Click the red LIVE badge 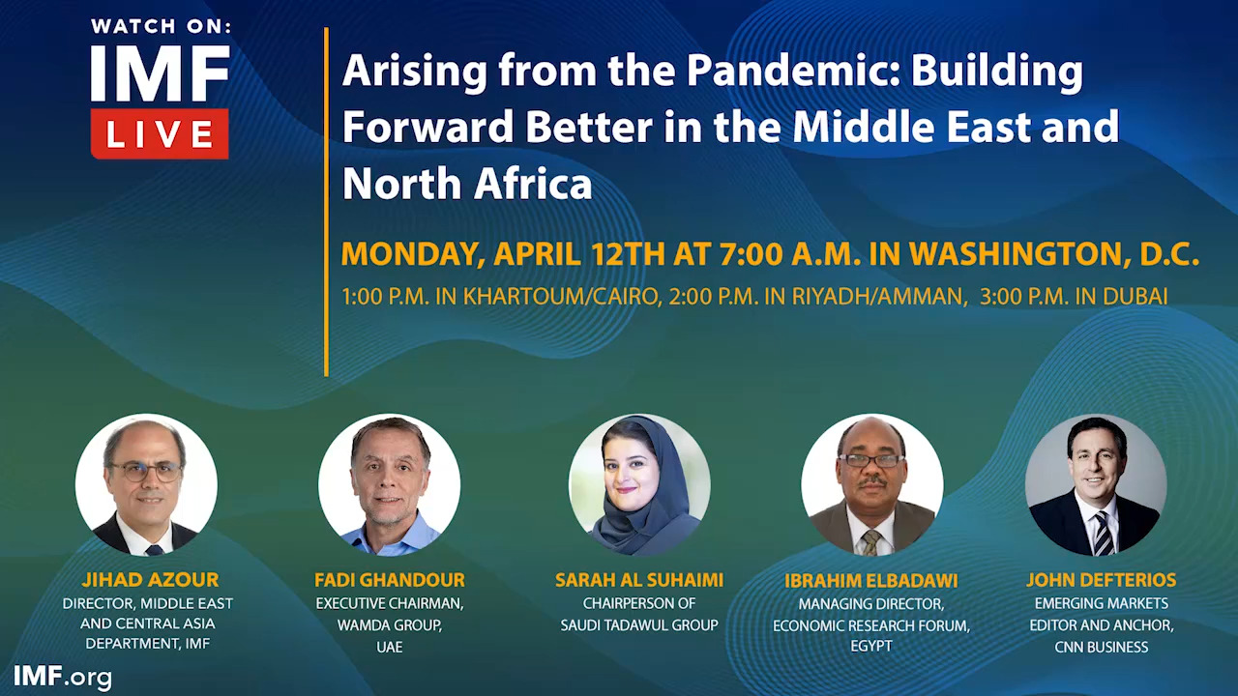click(160, 133)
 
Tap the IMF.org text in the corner click(63, 677)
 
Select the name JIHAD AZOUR click(149, 580)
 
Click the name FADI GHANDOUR click(389, 580)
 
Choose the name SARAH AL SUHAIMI click(639, 580)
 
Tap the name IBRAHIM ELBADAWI click(871, 581)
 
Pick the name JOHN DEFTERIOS click(1101, 580)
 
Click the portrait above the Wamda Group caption click(389, 484)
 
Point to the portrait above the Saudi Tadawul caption click(639, 484)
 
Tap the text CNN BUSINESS click(1101, 647)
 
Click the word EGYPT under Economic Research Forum click(871, 646)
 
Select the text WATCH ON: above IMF click(161, 27)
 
